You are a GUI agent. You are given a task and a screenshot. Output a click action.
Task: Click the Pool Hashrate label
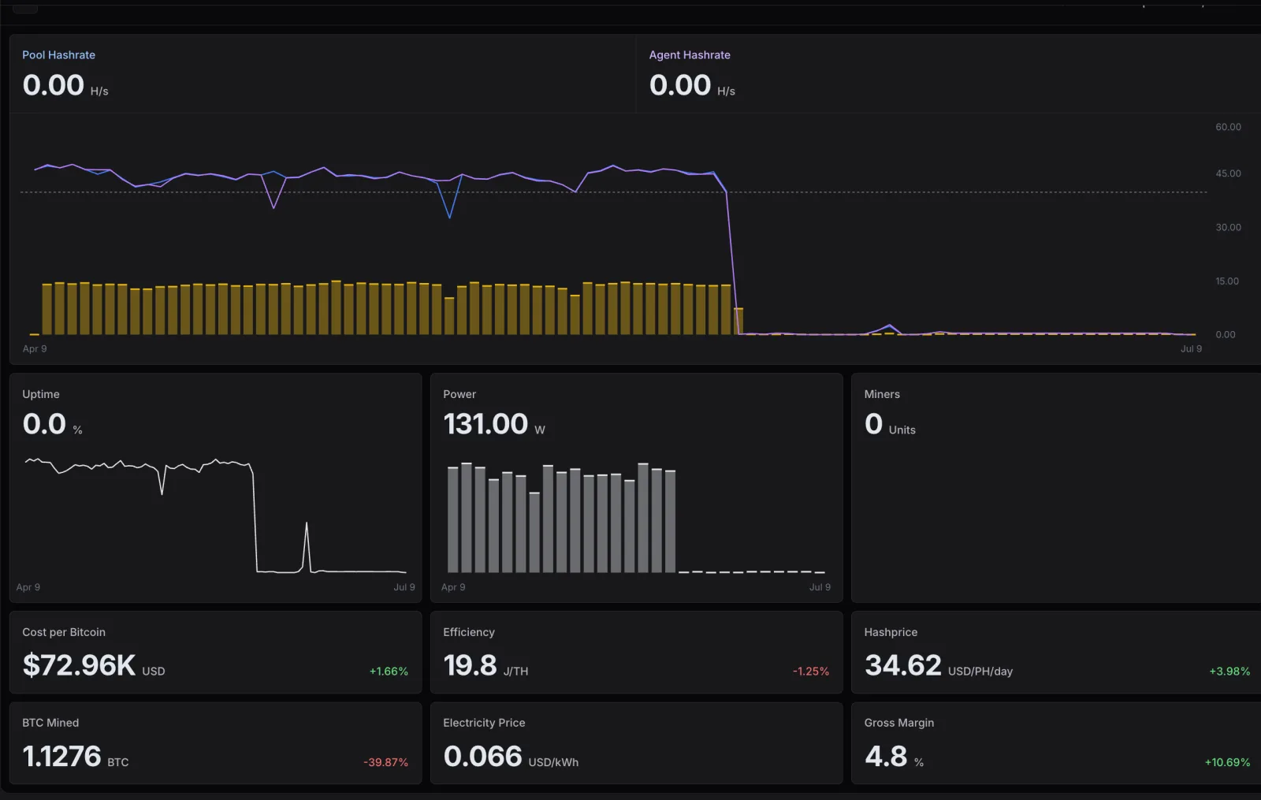coord(58,54)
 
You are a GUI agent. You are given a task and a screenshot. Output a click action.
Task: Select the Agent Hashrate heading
coord(690,54)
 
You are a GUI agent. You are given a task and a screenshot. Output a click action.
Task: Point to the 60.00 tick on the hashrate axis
coord(1228,127)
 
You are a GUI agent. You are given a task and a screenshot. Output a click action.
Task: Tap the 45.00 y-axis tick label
coord(1228,173)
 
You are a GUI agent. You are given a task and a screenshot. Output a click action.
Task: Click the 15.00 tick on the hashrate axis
coord(1226,281)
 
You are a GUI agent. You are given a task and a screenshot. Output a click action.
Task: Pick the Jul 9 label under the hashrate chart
coord(1191,348)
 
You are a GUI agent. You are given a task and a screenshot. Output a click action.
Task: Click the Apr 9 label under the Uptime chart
coord(28,587)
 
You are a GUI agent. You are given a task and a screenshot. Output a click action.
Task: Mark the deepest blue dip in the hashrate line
coord(449,217)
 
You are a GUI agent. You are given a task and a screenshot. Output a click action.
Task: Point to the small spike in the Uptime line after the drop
coord(307,523)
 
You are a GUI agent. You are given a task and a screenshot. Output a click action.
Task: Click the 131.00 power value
coord(485,424)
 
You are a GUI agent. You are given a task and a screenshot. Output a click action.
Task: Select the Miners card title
coord(882,394)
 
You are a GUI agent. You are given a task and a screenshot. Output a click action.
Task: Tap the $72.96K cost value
coord(79,665)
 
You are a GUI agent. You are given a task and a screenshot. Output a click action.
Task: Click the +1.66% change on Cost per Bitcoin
coord(389,671)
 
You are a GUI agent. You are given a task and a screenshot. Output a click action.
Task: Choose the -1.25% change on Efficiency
coord(811,671)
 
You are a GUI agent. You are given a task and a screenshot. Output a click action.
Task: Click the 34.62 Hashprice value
coord(903,665)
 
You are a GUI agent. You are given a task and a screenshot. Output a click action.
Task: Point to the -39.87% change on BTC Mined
coord(385,762)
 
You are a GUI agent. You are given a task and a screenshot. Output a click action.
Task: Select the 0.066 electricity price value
coord(482,756)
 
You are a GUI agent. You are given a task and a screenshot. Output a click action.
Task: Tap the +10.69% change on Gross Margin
coord(1227,762)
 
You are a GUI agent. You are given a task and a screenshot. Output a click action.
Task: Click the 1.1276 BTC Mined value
coord(61,756)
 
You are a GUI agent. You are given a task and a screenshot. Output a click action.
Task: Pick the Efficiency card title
coord(469,632)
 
